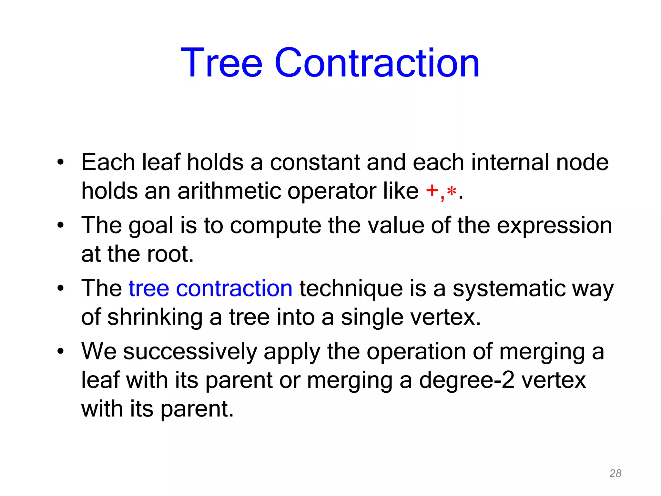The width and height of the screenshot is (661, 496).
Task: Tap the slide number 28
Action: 615,473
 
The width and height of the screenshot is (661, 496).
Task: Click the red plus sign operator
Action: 432,191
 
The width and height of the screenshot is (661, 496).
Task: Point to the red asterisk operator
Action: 452,192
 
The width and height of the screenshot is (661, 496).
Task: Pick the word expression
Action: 554,225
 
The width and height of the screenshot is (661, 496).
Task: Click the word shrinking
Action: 155,317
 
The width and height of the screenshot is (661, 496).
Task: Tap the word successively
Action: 190,351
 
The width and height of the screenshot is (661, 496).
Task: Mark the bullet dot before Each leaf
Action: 60,162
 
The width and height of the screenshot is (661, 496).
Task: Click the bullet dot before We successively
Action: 60,351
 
